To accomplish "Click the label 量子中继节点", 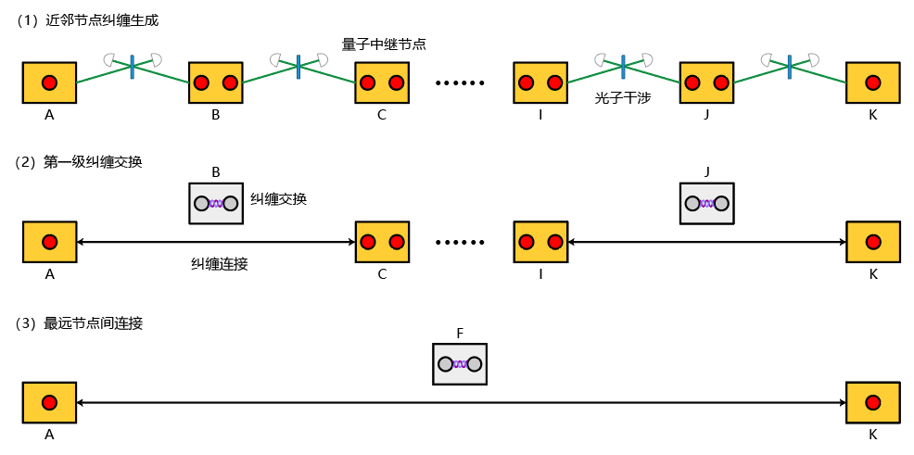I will point(384,44).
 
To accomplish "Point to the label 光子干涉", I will point(623,96).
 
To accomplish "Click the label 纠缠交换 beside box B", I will point(278,199).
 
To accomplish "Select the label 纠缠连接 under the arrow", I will point(220,264).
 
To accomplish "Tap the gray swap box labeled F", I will point(460,364).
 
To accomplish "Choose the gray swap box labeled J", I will point(707,203).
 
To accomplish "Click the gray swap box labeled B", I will point(216,203).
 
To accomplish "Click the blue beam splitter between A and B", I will point(132,65).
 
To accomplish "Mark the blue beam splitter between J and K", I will point(789,65).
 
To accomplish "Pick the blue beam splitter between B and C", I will point(298,65).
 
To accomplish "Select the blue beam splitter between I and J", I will point(623,65).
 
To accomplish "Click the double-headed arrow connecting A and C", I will point(216,243).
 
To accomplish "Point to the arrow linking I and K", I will point(707,243).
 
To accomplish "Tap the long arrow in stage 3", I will point(461,403).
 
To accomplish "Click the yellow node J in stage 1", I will point(706,82).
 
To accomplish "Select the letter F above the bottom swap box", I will point(460,333).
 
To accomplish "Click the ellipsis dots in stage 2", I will point(461,243).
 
